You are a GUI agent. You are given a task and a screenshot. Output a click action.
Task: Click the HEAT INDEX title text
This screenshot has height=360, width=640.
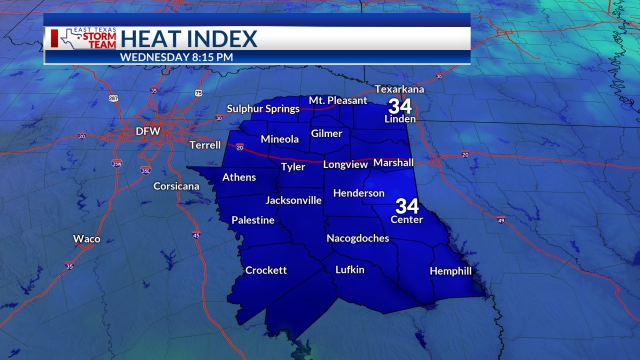coord(188,39)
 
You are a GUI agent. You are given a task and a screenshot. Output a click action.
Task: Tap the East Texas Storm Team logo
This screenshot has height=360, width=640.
coord(82,39)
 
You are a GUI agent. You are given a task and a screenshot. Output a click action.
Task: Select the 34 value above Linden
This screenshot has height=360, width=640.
coord(400,106)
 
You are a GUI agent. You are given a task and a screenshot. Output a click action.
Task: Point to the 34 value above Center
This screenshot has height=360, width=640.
coord(407,206)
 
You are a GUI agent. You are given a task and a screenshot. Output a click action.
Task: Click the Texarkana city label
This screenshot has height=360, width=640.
coord(400,89)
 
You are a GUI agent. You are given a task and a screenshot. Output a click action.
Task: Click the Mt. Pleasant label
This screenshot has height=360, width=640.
coord(338,100)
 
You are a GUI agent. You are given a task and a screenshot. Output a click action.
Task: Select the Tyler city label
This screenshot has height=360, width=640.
coord(293,167)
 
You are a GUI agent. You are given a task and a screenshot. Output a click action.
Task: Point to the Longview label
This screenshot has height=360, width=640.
coord(346,164)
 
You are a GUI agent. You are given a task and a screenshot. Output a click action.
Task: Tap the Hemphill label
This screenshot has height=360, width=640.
coord(450,271)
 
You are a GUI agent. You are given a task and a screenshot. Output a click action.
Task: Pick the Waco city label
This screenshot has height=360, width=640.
coord(87,239)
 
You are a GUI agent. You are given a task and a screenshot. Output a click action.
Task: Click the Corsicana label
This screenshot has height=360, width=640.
coord(177,187)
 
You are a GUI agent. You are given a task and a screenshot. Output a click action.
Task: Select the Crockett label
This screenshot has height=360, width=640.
coord(266,270)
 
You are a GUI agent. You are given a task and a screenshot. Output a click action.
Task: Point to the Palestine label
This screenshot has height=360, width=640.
coord(253,220)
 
